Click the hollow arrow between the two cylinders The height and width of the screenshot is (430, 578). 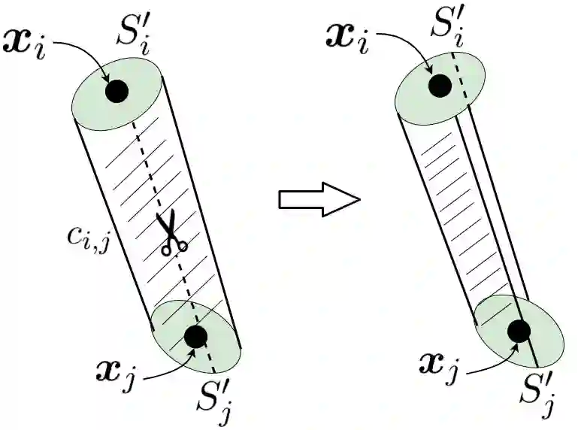tap(319, 199)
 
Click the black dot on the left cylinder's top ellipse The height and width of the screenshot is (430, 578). tap(117, 92)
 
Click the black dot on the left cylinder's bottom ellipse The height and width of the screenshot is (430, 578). tap(195, 337)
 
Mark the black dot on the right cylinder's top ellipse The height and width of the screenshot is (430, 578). tap(440, 86)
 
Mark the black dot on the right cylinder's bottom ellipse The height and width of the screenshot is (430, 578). tap(519, 330)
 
